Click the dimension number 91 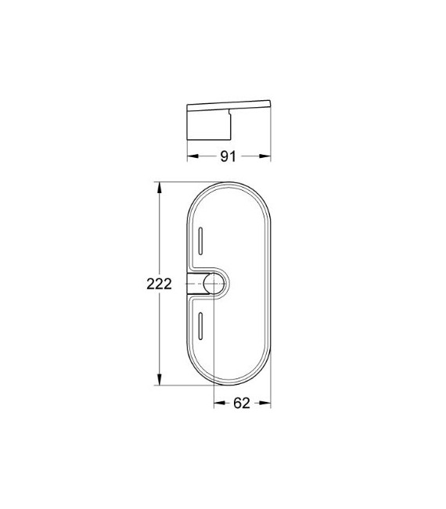coord(227,156)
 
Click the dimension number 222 coord(159,285)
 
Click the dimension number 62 coord(241,404)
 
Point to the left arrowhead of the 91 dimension coord(191,156)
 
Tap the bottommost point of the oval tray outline coord(230,385)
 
